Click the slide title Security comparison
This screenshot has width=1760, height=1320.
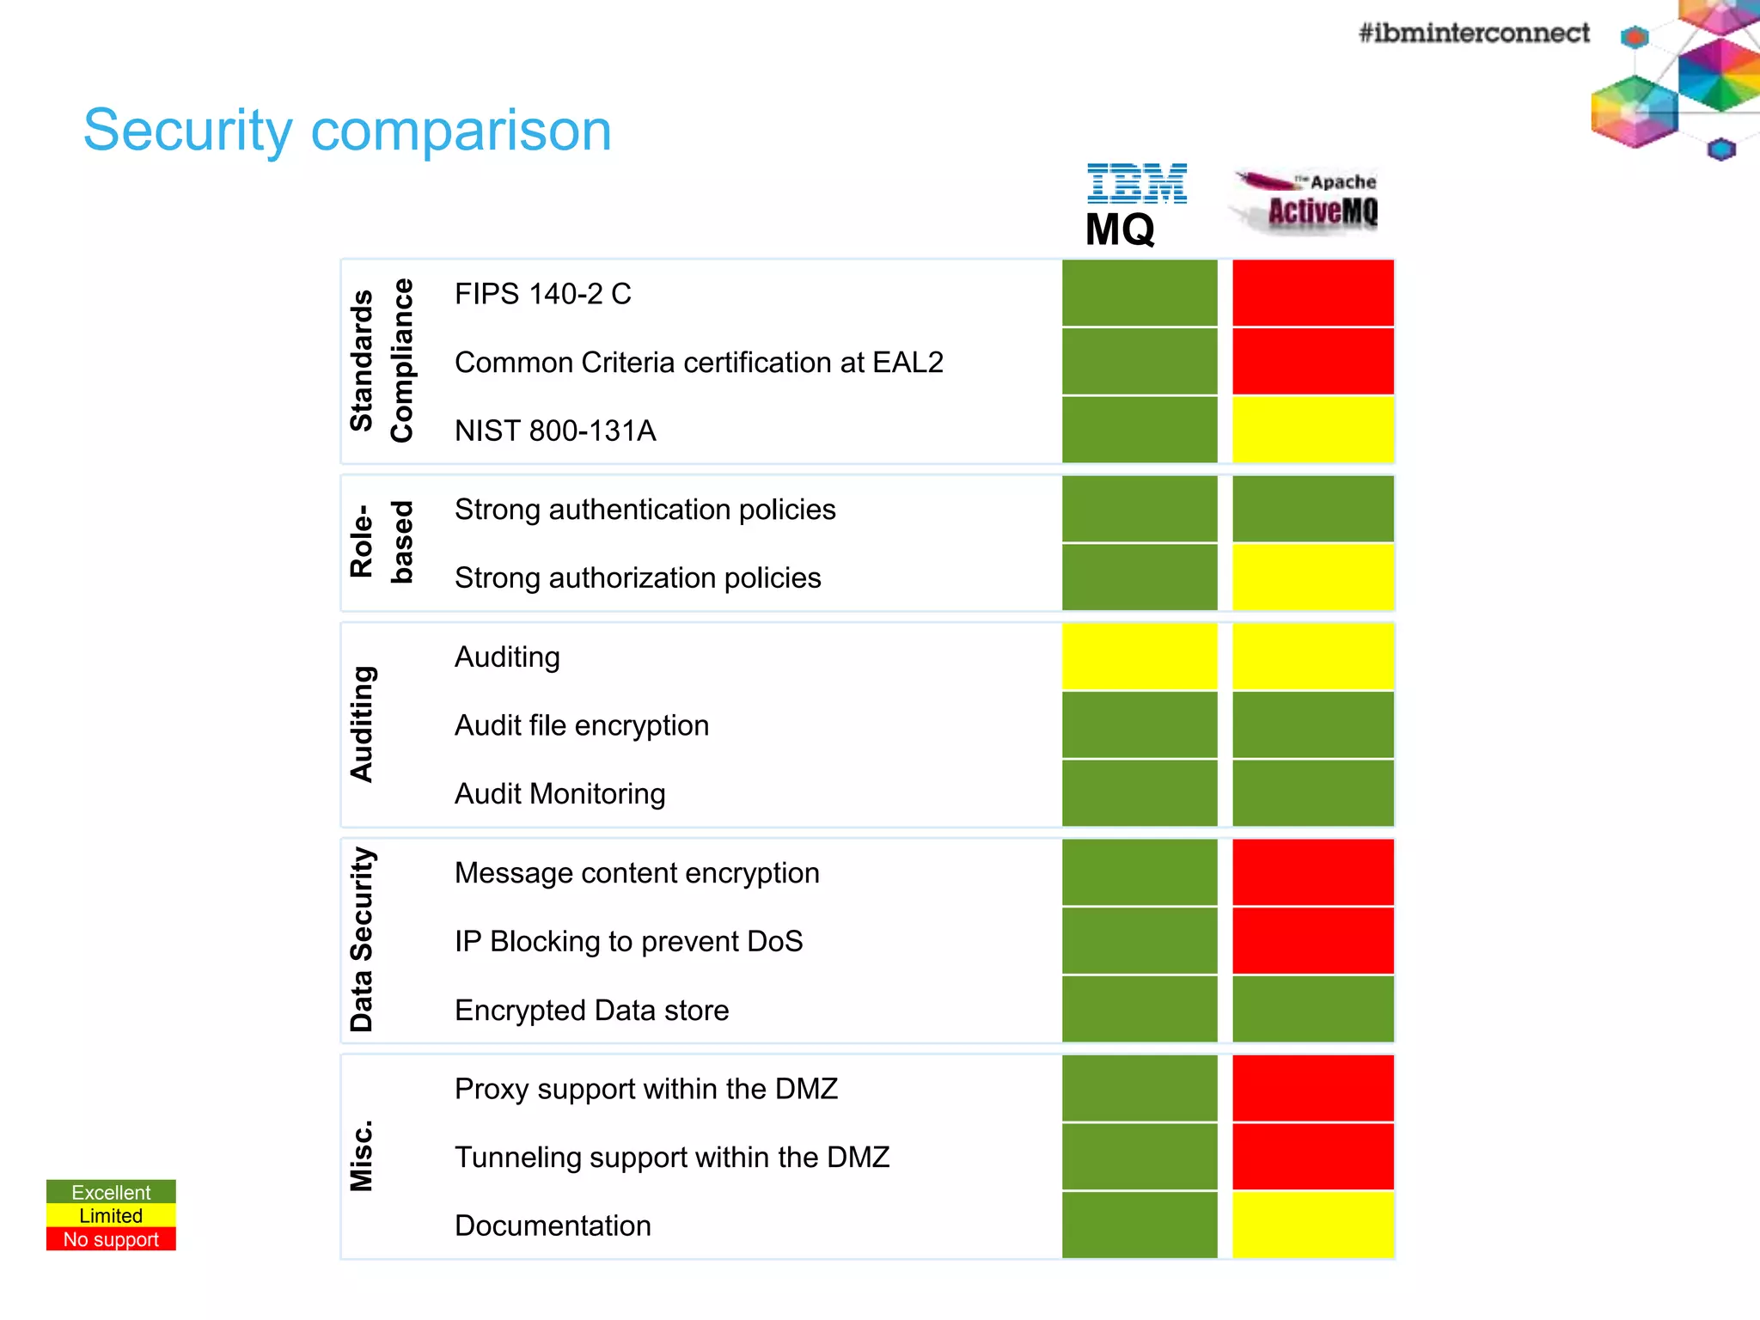click(347, 131)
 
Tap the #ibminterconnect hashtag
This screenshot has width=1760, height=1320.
click(1473, 33)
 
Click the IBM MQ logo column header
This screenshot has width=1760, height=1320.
click(1134, 205)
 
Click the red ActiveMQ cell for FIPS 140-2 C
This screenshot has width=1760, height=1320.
click(1312, 293)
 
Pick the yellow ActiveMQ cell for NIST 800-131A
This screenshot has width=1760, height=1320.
click(1312, 430)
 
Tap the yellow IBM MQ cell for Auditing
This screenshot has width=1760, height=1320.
click(1140, 657)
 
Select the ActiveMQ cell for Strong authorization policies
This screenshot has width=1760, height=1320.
click(1312, 577)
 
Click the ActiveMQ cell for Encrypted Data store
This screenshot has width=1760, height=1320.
click(1312, 1009)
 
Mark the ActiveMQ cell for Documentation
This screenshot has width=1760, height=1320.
click(1312, 1225)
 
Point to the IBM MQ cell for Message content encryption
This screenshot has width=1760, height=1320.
click(1140, 872)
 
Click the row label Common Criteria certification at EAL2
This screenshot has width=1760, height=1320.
click(699, 363)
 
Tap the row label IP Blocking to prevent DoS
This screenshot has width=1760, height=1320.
click(628, 942)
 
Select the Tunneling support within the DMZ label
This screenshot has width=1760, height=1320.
click(672, 1158)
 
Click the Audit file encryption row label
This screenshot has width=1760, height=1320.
click(582, 725)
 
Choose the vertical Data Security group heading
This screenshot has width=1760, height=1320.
click(362, 939)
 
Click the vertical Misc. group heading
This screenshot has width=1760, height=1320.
click(362, 1155)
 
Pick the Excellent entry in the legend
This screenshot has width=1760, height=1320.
click(111, 1192)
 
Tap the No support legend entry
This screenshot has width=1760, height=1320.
click(111, 1239)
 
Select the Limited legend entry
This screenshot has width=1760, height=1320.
click(111, 1215)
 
